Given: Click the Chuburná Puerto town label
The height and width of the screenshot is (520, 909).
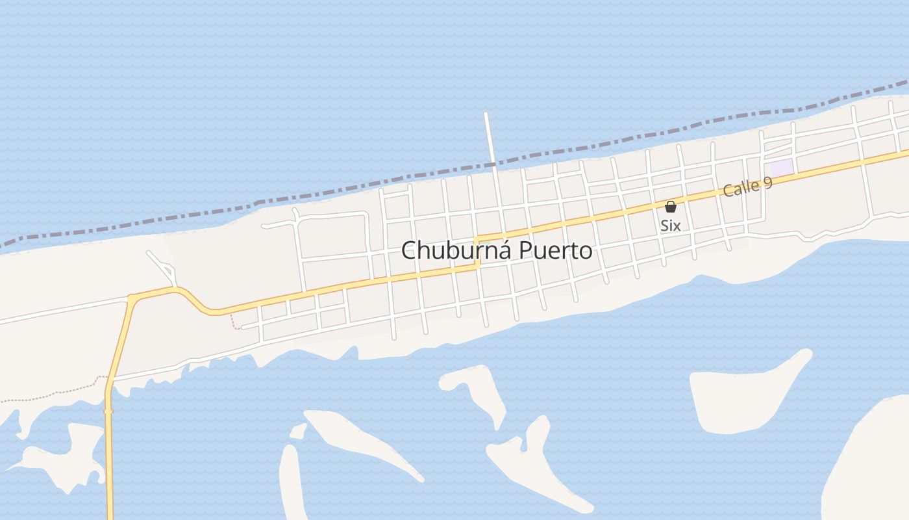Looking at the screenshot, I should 497,251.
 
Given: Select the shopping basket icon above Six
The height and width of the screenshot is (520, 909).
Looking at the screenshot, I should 671,207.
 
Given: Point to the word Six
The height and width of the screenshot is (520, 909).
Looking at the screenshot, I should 671,226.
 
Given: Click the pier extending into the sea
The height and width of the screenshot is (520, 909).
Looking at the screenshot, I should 489,136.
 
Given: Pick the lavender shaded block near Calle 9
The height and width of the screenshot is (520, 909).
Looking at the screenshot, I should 782,167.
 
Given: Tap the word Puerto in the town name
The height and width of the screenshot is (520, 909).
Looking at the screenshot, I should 556,251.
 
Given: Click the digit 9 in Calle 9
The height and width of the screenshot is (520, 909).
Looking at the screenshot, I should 767,181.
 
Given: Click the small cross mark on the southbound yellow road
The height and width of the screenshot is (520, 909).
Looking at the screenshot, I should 108,411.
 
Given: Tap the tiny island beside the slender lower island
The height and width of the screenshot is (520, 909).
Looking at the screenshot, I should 298,431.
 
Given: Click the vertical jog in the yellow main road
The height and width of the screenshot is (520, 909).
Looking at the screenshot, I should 477,252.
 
